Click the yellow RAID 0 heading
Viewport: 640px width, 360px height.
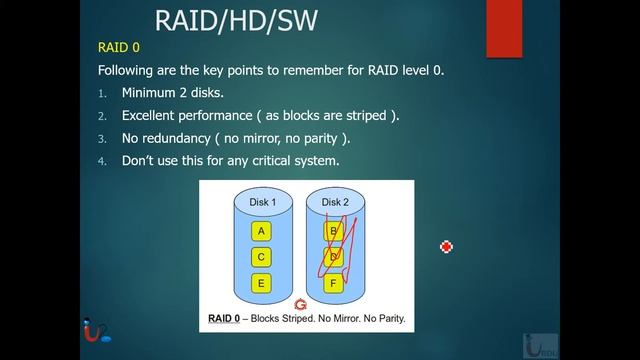coord(119,47)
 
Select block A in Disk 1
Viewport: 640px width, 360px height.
coord(262,231)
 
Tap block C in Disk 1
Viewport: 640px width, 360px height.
coord(262,257)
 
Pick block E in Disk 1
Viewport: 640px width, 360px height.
coord(262,283)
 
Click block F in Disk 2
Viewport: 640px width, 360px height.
coord(333,283)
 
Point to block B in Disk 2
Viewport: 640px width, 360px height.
coord(333,231)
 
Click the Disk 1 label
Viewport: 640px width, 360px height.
coord(262,203)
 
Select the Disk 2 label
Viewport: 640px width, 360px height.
coord(333,203)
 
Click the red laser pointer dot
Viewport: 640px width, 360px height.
coord(447,247)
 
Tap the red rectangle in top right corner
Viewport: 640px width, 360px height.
coord(504,28)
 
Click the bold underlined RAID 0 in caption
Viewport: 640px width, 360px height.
coord(226,320)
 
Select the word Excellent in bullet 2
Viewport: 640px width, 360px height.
coord(155,115)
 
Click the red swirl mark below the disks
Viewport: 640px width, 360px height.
coord(298,304)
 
